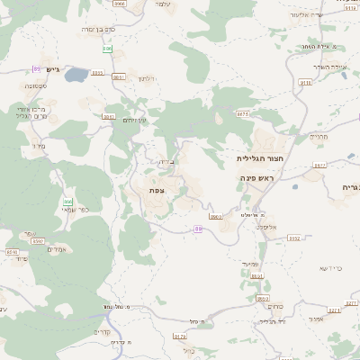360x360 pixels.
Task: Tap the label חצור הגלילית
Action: pyautogui.click(x=254, y=157)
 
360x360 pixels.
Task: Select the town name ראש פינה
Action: pyautogui.click(x=256, y=178)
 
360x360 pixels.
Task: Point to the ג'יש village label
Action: pyautogui.click(x=50, y=69)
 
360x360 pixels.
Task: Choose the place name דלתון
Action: pyautogui.click(x=148, y=79)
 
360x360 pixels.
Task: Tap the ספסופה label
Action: pyautogui.click(x=37, y=85)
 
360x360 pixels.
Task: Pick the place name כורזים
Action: pyautogui.click(x=274, y=305)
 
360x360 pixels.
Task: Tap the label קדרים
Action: pyautogui.click(x=101, y=330)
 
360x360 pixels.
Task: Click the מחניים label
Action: pyautogui.click(x=319, y=137)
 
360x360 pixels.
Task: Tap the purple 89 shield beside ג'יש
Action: pyautogui.click(x=37, y=69)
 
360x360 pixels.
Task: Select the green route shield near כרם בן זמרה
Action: pyautogui.click(x=107, y=49)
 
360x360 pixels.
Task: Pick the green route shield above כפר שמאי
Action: pyautogui.click(x=67, y=202)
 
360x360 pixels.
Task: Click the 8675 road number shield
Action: pyautogui.click(x=242, y=114)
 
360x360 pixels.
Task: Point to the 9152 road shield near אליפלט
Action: pyautogui.click(x=295, y=238)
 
